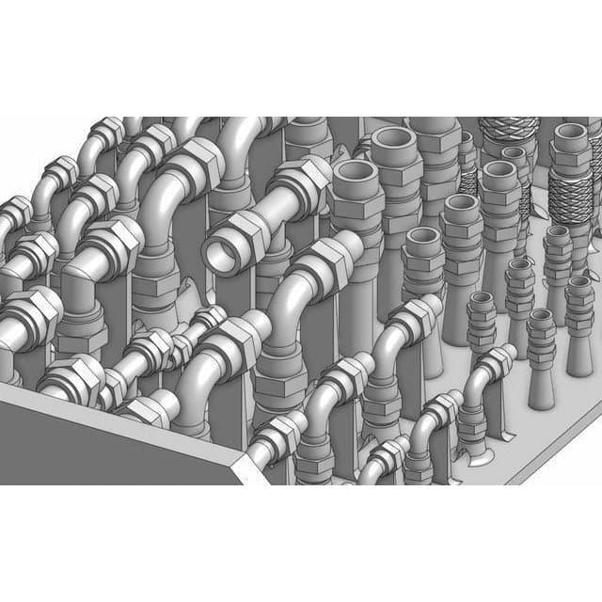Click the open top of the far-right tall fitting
[571, 134]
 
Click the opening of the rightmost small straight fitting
[579, 282]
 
